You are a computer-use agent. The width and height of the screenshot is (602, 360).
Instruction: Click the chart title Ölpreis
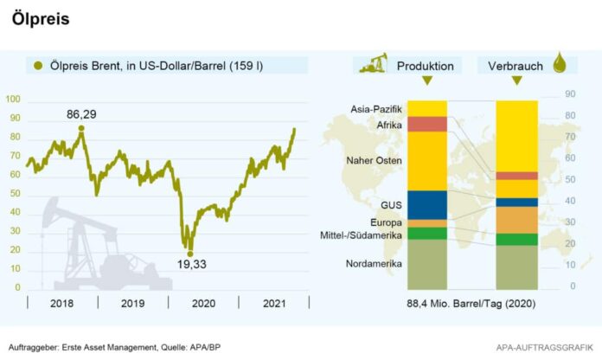coord(41,18)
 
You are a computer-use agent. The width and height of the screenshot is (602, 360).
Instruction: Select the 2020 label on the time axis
coord(203,304)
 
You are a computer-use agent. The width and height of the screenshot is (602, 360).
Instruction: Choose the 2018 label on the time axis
coord(62,304)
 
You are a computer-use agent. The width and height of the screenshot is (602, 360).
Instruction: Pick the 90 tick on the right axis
coord(570,93)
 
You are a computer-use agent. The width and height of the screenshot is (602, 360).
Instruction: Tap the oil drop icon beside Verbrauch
coord(560,65)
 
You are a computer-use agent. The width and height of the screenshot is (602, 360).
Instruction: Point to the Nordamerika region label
coord(373,263)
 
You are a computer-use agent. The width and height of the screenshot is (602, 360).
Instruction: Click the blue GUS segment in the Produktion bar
coord(426,204)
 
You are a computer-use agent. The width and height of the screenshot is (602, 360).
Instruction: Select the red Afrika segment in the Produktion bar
coord(426,123)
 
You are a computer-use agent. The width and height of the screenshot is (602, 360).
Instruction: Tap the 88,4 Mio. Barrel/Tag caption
coord(469,304)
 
